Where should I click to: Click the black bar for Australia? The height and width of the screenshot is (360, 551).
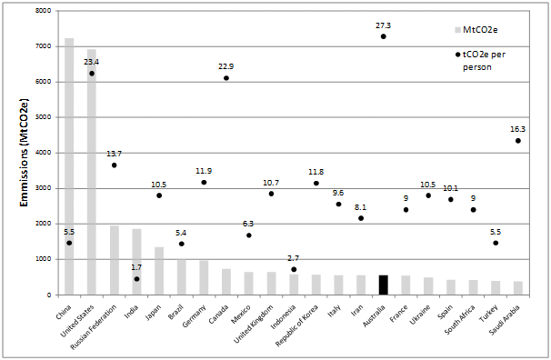(x=383, y=285)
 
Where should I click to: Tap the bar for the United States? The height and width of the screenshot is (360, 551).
(x=91, y=173)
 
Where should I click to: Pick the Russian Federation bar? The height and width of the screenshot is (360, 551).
(x=114, y=260)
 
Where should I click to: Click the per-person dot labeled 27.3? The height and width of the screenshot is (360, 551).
(x=383, y=36)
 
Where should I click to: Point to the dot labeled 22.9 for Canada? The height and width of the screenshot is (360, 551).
(x=226, y=78)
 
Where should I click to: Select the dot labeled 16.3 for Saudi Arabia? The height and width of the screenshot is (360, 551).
(x=517, y=140)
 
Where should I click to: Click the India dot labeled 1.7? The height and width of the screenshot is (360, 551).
(x=136, y=279)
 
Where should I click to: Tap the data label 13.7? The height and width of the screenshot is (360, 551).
(x=114, y=154)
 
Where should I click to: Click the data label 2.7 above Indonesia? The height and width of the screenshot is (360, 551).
(x=294, y=258)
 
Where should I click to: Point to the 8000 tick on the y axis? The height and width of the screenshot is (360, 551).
(x=42, y=11)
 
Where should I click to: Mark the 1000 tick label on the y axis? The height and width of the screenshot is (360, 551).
(x=42, y=259)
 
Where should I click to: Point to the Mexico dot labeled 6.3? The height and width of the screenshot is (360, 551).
(x=248, y=235)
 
